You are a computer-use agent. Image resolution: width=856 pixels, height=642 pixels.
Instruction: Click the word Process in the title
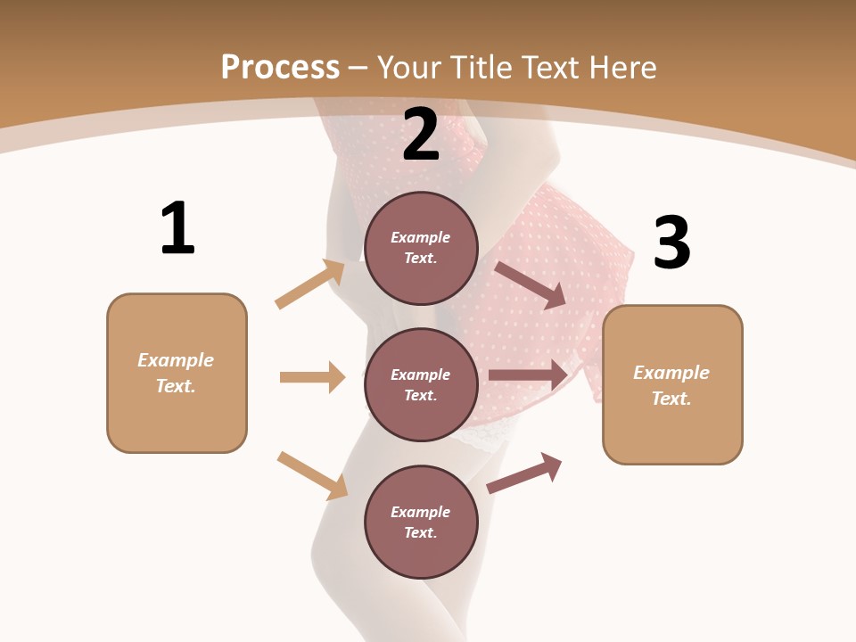tap(280, 67)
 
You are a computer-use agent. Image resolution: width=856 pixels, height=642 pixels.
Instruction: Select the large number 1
tap(177, 228)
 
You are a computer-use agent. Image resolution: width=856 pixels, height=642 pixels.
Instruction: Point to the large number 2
tap(421, 135)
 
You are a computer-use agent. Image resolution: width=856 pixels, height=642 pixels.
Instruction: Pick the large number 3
tap(672, 243)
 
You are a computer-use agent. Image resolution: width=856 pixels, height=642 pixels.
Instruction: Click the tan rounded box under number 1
tap(177, 373)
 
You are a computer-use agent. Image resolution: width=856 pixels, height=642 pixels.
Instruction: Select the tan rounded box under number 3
tap(672, 384)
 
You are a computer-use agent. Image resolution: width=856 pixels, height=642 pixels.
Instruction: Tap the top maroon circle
tap(421, 248)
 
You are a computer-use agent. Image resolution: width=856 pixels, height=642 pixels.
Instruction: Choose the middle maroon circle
tap(421, 384)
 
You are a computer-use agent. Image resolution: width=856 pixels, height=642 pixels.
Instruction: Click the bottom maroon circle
tap(421, 522)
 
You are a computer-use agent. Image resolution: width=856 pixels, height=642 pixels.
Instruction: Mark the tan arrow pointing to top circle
tap(310, 284)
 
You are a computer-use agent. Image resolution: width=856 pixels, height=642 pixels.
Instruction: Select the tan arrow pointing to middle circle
tap(312, 377)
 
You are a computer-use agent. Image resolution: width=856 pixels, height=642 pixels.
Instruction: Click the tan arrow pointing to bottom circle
tap(312, 475)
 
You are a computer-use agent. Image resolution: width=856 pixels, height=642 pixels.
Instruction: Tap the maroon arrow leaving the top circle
tap(531, 284)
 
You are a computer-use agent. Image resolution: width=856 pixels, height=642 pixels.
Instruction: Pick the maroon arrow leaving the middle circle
tap(528, 375)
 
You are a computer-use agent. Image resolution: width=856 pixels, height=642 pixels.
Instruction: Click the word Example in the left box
tap(176, 360)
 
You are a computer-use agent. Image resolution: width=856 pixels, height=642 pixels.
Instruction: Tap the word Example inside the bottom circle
tap(420, 512)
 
